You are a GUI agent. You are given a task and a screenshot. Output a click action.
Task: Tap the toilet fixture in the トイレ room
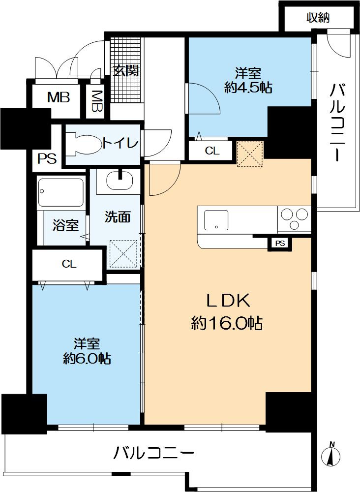click(x=81, y=143)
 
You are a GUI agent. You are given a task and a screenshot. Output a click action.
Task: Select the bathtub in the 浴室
click(x=61, y=193)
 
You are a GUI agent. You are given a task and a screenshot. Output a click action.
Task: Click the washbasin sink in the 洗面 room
click(x=117, y=180)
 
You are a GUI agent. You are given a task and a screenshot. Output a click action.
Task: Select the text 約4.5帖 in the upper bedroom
click(x=248, y=88)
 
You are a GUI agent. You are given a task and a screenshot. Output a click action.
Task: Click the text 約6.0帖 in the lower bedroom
click(x=87, y=358)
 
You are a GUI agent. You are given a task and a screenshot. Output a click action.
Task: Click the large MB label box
click(x=59, y=97)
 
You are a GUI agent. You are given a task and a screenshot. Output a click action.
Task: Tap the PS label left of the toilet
click(x=48, y=159)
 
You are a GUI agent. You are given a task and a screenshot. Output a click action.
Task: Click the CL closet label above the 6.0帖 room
click(x=69, y=264)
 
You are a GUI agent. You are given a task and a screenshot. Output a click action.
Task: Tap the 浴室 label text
click(x=66, y=226)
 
